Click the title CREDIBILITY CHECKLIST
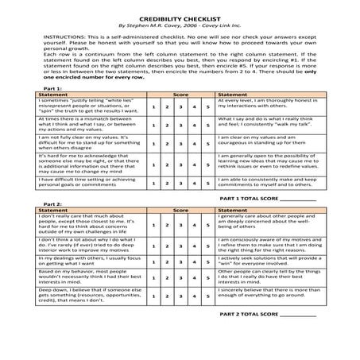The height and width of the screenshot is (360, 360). (180, 15)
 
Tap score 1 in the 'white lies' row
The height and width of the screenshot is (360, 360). (153, 106)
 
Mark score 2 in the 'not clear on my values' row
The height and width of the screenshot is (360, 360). (167, 144)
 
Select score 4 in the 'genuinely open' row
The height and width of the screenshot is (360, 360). (194, 164)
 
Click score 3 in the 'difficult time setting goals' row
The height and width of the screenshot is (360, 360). (180, 183)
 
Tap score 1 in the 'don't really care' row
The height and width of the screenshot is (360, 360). (153, 225)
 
